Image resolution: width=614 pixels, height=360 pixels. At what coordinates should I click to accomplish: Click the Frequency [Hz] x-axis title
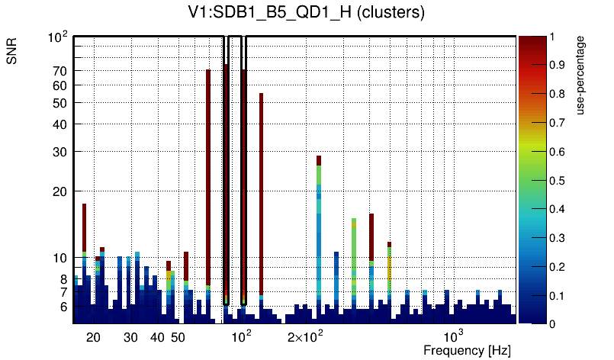click(x=467, y=351)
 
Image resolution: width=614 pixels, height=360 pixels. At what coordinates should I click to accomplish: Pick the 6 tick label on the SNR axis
click(x=64, y=307)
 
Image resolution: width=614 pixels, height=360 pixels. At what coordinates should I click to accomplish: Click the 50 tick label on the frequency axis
click(x=177, y=337)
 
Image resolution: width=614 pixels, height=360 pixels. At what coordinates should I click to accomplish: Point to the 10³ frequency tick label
click(x=453, y=336)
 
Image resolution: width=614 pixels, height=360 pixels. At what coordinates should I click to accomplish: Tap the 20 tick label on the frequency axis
click(x=93, y=337)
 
